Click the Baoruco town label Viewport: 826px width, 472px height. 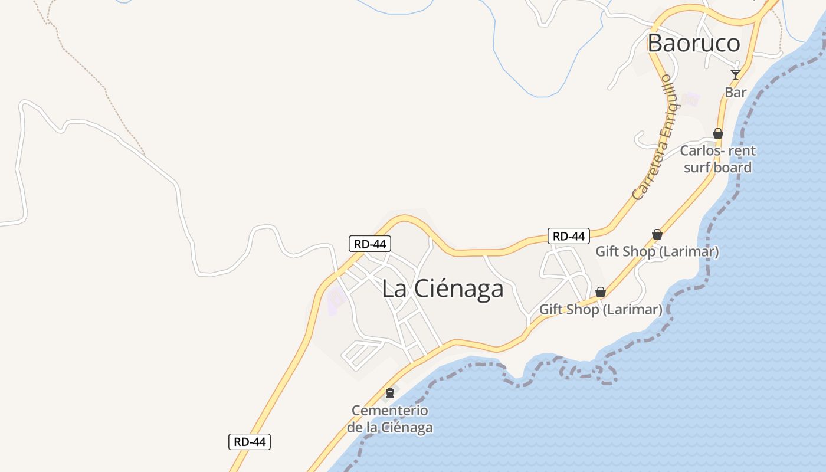click(x=693, y=43)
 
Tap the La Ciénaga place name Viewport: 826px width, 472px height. click(x=442, y=289)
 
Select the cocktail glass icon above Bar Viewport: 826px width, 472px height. click(x=735, y=74)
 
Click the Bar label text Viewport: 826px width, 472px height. click(x=736, y=92)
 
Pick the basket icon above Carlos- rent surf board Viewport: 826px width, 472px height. click(x=718, y=133)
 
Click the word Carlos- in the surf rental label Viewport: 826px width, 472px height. click(x=702, y=150)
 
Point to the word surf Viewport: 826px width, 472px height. click(x=695, y=168)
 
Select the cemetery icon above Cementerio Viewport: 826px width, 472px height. click(x=389, y=392)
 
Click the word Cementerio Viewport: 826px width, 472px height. click(x=390, y=410)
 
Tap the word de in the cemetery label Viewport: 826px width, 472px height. click(x=354, y=427)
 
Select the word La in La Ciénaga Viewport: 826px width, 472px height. click(x=394, y=289)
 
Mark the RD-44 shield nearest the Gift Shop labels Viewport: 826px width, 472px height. click(x=569, y=236)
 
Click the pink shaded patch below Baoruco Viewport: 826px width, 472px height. click(x=690, y=99)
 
